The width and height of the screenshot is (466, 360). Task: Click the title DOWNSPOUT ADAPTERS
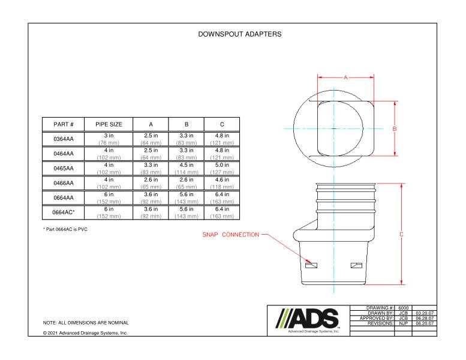tap(239, 34)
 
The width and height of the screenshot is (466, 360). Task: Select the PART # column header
tap(63, 124)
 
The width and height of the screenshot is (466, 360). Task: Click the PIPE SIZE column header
tap(109, 124)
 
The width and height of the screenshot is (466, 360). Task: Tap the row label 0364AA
tap(63, 139)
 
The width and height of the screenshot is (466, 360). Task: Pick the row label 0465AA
tap(63, 169)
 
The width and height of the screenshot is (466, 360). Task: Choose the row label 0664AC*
tap(63, 212)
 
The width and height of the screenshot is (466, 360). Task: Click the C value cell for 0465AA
tap(222, 169)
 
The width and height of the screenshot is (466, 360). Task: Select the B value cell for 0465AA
tap(187, 169)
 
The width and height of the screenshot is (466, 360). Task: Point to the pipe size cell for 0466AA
tap(109, 183)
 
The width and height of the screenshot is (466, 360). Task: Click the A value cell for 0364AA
tap(151, 139)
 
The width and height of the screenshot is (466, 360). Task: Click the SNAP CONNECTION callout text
tap(230, 235)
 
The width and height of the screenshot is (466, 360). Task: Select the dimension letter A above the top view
tap(345, 77)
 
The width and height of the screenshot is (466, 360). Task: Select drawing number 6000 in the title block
tap(404, 307)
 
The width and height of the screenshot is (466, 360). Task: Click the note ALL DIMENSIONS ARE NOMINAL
tap(86, 323)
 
